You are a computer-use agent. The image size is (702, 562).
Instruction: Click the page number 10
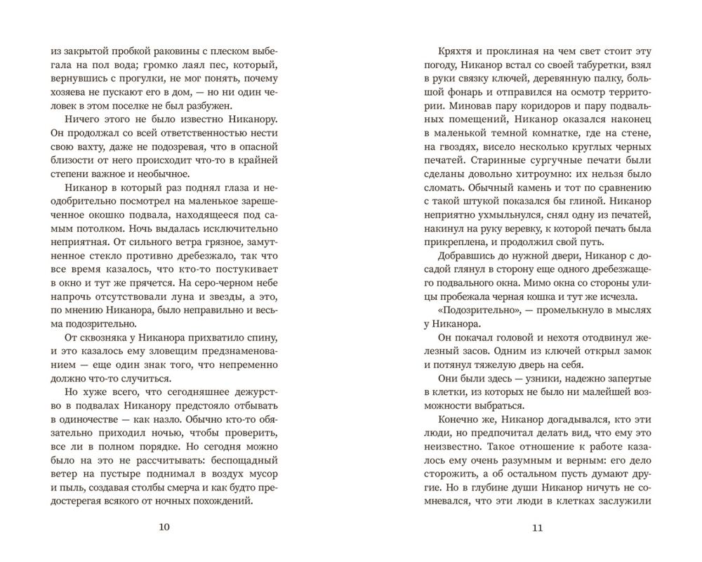point(166,529)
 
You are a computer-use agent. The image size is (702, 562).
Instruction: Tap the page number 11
point(538,529)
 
